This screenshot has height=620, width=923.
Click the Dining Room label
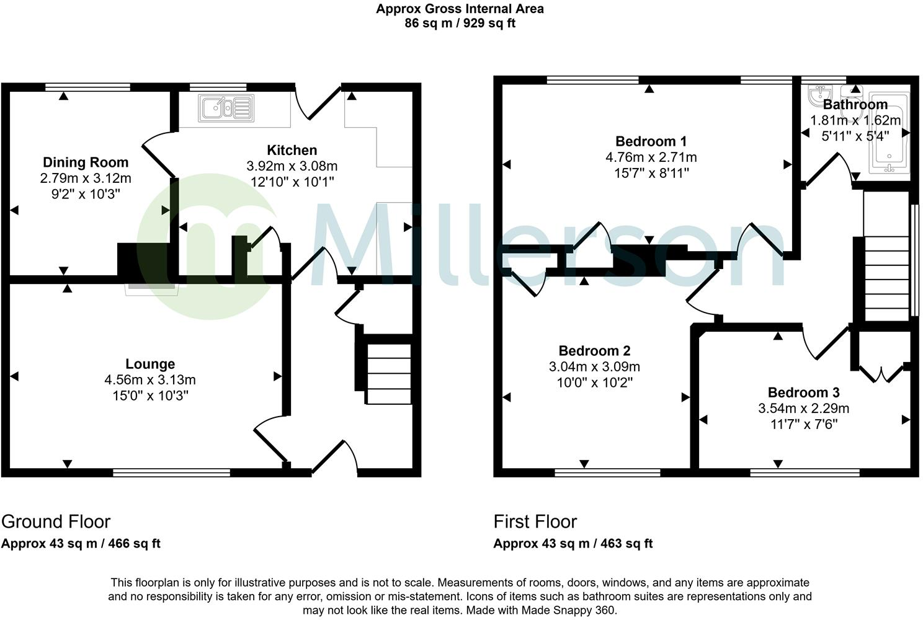(86, 162)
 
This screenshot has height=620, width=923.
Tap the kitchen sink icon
(226, 108)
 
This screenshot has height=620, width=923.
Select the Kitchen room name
(292, 150)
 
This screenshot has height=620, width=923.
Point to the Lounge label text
(150, 364)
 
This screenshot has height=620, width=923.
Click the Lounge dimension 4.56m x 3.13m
(150, 379)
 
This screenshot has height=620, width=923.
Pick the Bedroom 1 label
(651, 141)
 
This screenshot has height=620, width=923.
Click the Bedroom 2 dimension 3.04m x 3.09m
(594, 366)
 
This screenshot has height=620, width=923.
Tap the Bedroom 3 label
(803, 392)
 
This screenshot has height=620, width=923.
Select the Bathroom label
(855, 104)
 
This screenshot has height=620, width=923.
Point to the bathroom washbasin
(818, 96)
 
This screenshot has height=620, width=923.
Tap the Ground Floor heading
(56, 521)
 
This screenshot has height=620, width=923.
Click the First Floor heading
(535, 521)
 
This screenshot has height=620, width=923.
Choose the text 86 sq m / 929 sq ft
(460, 24)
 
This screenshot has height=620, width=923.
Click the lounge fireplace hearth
(151, 288)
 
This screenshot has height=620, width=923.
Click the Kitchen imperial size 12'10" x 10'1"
(292, 182)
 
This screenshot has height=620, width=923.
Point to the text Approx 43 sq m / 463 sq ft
(573, 544)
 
